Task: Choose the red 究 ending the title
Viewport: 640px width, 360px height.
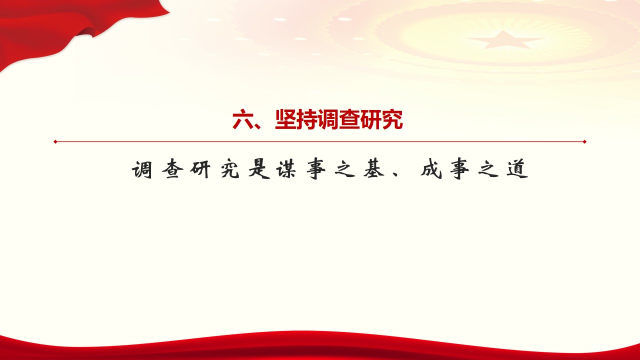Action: tap(392, 119)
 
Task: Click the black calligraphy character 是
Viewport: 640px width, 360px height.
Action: tap(259, 169)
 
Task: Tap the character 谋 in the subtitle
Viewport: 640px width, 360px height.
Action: tap(286, 169)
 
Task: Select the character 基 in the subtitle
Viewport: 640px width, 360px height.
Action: tap(373, 169)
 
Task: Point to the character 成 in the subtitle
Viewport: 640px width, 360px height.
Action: tap(431, 169)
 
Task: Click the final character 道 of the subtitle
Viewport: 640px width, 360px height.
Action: tap(517, 169)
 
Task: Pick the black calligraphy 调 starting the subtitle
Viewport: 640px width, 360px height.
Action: tap(142, 169)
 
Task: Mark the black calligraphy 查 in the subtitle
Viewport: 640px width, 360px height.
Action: tap(172, 169)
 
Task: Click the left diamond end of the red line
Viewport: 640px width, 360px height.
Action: tap(55, 141)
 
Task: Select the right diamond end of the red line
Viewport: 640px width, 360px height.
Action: tap(584, 141)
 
